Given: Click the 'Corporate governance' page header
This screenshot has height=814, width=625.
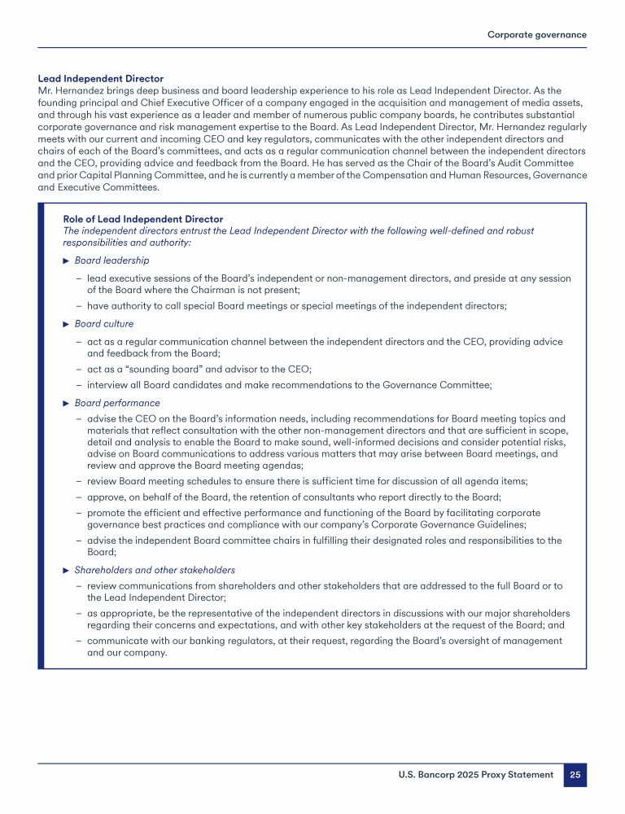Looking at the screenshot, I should (x=536, y=34).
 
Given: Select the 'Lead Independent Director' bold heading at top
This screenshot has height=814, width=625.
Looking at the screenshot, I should (x=101, y=79).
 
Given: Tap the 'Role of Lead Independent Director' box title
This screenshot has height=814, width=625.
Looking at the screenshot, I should (x=142, y=219).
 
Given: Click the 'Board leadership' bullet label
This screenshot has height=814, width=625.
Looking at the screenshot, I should (x=111, y=260).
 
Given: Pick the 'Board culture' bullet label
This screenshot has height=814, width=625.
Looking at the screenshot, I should (x=104, y=324).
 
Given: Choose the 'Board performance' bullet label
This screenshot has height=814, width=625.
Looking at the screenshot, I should (x=117, y=403).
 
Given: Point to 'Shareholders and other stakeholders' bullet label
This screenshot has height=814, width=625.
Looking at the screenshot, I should (x=155, y=570).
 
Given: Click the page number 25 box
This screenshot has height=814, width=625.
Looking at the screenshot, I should (x=575, y=775).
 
